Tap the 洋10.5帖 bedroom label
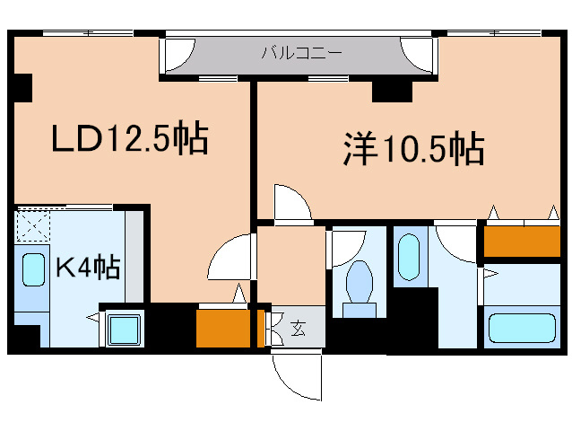tap(413, 148)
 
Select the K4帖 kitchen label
tap(88, 267)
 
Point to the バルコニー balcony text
tap(301, 53)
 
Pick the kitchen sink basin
tap(33, 270)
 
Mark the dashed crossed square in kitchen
tap(33, 226)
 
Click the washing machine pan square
tap(123, 329)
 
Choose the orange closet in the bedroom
tap(522, 241)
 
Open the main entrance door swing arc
tap(297, 374)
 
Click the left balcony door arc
tap(176, 57)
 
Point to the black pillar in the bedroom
tap(391, 90)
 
